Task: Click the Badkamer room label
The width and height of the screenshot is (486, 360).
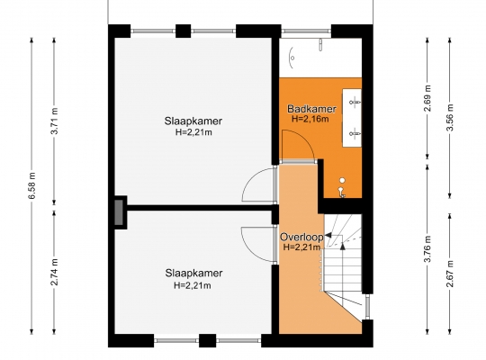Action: (311, 109)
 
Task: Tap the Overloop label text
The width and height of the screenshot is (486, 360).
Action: (301, 238)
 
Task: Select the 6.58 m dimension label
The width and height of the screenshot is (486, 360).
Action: (32, 185)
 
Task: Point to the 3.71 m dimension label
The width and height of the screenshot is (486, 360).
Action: (55, 121)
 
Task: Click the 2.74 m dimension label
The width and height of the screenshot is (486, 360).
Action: (55, 272)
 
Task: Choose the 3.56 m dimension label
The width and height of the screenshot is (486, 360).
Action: (450, 117)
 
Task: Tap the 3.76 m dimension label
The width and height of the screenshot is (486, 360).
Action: (428, 249)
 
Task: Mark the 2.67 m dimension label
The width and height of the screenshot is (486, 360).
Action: (450, 274)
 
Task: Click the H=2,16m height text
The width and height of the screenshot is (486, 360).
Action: (310, 119)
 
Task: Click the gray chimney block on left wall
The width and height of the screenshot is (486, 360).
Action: (119, 212)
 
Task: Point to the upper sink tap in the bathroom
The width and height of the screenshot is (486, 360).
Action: (355, 102)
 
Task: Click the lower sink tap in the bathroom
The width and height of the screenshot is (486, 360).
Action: (355, 133)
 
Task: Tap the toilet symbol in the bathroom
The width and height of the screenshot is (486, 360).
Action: (342, 188)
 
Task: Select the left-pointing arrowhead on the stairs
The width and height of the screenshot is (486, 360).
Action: (328, 236)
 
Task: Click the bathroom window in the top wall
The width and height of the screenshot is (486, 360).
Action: (306, 31)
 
